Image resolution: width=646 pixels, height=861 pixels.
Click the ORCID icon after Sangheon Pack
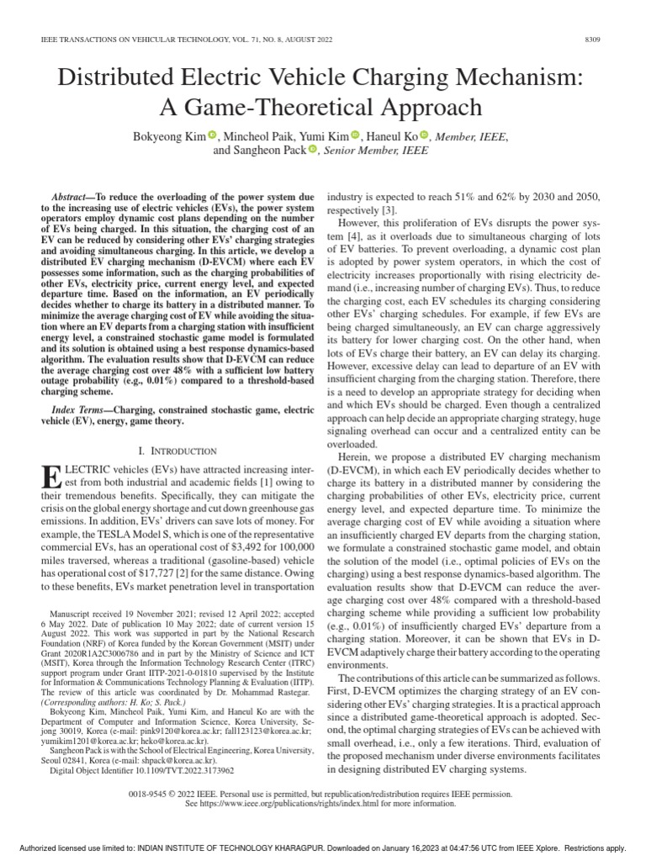[x=313, y=150]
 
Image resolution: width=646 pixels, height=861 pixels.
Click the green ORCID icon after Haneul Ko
[x=424, y=135]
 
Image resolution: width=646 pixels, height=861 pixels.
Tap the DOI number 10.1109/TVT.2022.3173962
[x=178, y=769]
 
